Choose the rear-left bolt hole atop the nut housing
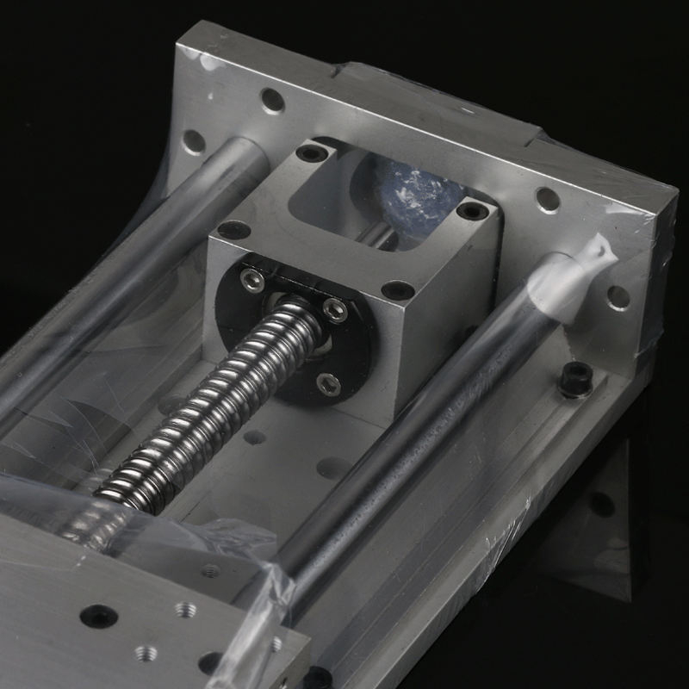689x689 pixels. point(312,152)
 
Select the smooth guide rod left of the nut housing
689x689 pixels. point(129,284)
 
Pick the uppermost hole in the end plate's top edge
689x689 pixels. point(272,101)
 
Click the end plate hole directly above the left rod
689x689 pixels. point(195,140)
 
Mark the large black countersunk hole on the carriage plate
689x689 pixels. point(98,616)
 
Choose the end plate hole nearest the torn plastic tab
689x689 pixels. point(618,297)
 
